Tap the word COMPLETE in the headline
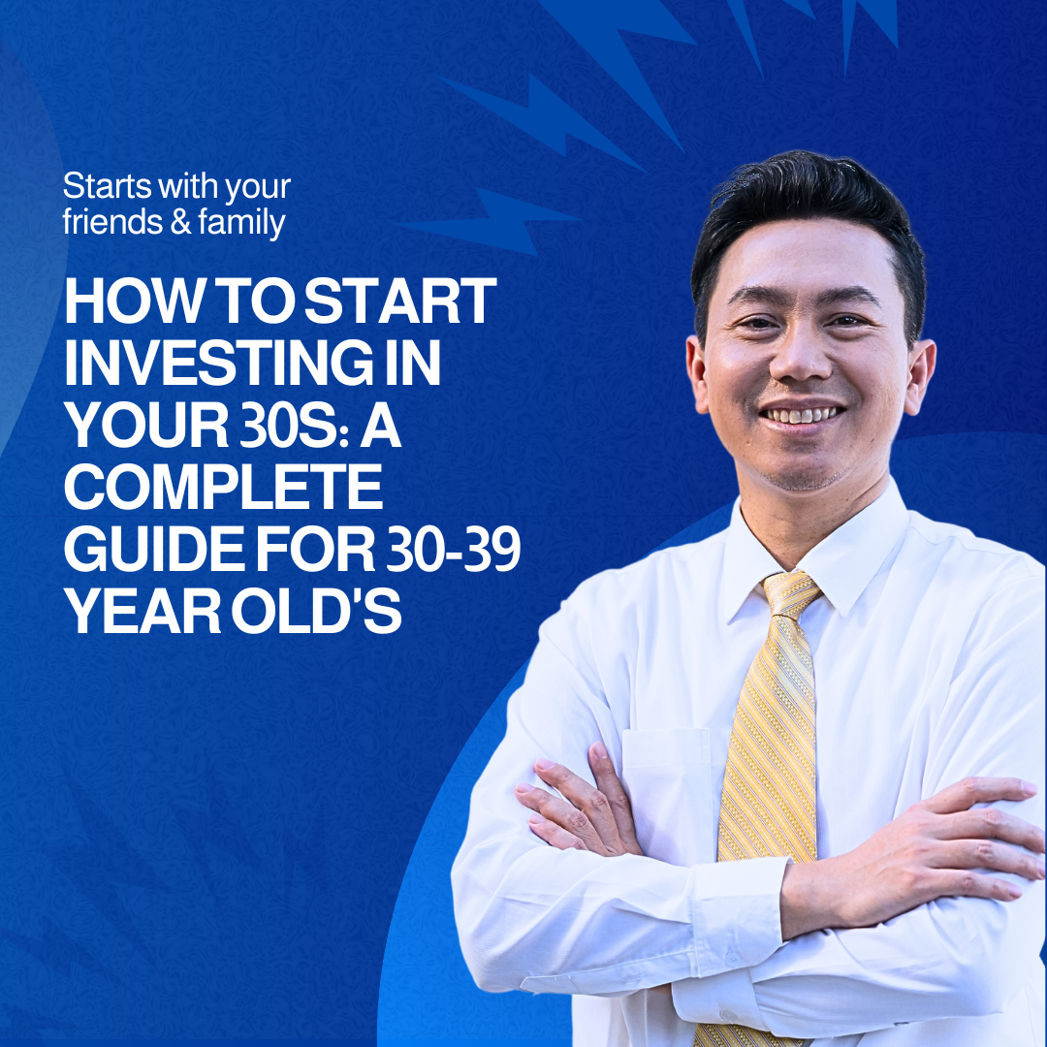tap(223, 487)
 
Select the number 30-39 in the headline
tap(454, 550)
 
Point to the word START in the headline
tap(400, 301)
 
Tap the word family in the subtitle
tap(241, 223)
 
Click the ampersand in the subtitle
tap(181, 222)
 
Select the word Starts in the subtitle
tap(107, 185)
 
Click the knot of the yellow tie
tap(792, 594)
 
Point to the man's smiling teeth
tap(802, 415)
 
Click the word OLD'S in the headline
tap(316, 611)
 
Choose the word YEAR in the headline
tap(143, 611)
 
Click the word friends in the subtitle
tap(112, 222)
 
